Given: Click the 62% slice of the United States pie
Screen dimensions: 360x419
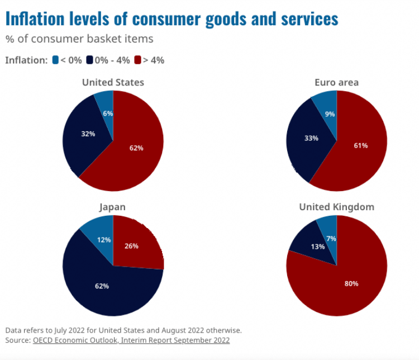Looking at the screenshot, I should (x=137, y=148).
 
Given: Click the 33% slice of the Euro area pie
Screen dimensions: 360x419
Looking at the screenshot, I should (x=311, y=138).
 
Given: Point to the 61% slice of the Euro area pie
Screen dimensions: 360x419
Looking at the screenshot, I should (x=361, y=145).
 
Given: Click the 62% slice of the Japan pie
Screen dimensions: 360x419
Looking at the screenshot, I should (x=102, y=286).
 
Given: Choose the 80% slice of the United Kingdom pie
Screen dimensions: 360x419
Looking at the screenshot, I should (x=351, y=283).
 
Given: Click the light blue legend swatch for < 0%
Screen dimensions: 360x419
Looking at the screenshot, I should (x=55, y=60).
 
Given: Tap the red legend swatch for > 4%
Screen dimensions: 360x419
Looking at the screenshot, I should (x=137, y=60).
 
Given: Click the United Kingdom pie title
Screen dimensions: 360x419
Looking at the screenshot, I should (x=336, y=207).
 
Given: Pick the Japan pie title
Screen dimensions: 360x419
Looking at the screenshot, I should (x=113, y=207).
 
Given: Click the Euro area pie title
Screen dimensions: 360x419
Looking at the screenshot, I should (x=336, y=82).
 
